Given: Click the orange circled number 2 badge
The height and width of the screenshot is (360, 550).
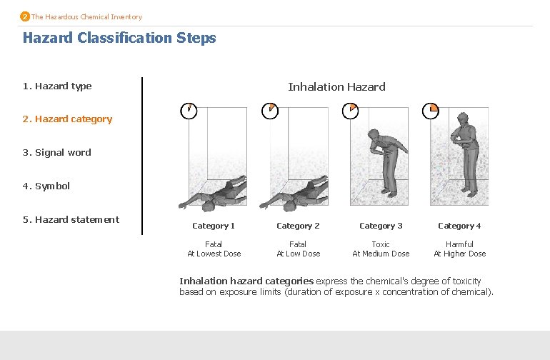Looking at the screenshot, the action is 25,16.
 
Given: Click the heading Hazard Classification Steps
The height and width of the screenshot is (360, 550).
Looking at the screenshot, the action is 119,38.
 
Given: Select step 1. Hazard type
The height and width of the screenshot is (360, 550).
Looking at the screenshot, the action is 57,86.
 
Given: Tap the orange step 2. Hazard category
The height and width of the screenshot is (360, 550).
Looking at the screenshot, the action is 67,119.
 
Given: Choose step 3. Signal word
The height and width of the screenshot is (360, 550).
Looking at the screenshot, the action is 57,153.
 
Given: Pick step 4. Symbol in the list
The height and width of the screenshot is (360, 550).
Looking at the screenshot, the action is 46,186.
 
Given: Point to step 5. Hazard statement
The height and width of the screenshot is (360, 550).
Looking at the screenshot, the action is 71,220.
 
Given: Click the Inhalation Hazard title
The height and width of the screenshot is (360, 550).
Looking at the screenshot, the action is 336,86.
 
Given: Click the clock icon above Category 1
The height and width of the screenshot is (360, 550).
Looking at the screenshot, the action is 189,111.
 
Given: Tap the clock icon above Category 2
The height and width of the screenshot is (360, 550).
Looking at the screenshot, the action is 270,111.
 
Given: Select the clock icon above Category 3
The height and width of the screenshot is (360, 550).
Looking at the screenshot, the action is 351,111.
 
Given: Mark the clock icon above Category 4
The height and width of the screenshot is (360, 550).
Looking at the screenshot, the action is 431,111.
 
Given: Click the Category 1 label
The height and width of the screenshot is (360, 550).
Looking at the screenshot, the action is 214,226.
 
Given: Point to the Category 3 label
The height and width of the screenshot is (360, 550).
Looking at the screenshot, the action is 381,226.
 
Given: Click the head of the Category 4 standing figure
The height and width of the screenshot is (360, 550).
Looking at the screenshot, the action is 463,118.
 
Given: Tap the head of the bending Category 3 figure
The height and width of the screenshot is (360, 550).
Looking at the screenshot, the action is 373,135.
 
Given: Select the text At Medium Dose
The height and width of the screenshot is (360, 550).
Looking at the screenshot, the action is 381,254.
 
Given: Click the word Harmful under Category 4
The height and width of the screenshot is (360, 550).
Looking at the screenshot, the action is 459,244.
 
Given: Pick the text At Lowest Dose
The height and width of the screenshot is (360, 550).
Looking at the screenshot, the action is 214,254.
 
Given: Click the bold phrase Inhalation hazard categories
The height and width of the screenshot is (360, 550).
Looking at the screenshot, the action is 246,281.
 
